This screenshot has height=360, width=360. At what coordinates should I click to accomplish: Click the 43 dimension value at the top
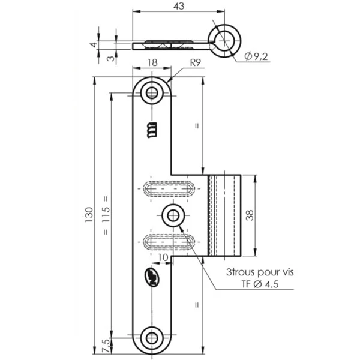point(178,6)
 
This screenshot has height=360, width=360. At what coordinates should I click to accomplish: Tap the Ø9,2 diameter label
point(256,56)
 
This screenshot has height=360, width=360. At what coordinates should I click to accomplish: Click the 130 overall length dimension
point(89,214)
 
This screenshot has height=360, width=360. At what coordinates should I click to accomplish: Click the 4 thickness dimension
point(94,44)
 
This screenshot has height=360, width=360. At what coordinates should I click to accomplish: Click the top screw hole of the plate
point(152,93)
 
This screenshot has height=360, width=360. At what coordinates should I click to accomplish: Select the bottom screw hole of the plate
point(152,337)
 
